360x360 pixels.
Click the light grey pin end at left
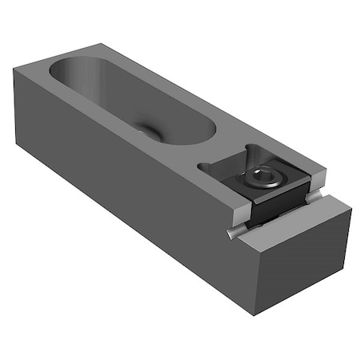tap(233, 233)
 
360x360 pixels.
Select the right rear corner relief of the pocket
tap(253, 147)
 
